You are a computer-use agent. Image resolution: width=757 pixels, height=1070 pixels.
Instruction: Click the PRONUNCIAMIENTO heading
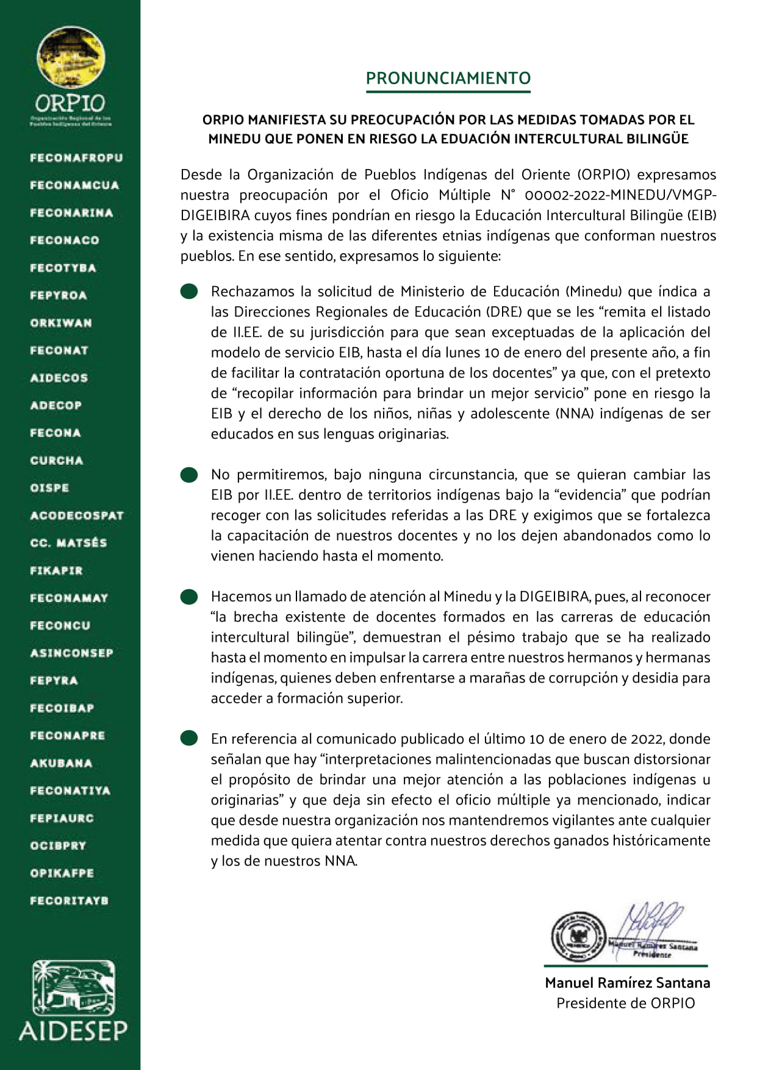pos(448,78)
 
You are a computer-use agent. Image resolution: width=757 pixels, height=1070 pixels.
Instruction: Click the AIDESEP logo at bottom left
pos(73,1001)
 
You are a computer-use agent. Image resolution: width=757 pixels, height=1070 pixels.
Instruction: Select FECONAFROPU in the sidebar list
pos(76,158)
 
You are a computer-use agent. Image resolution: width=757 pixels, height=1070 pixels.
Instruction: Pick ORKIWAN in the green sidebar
pos(61,323)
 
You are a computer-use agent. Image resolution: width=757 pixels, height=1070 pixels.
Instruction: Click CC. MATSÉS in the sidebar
pos(68,543)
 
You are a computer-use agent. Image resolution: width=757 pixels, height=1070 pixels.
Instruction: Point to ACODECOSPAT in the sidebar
pos(77,515)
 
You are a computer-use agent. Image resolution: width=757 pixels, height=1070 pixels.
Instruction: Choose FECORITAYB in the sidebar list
pos(69,900)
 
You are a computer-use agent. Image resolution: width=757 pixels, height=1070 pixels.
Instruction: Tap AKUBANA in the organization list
pos(61,763)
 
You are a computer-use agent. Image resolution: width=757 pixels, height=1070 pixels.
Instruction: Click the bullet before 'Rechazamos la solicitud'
pos(189,292)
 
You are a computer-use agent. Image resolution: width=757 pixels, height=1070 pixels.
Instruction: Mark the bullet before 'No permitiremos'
pos(189,475)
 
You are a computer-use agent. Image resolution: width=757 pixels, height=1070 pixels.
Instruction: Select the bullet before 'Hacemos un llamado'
pos(189,597)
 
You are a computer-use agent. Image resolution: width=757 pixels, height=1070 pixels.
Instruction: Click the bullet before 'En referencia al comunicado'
pos(189,739)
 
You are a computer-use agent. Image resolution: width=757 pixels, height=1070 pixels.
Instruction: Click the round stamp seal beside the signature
pos(578,937)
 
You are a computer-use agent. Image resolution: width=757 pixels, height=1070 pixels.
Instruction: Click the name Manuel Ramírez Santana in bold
pos(627,983)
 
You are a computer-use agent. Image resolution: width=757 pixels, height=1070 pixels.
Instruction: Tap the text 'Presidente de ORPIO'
pos(625,1004)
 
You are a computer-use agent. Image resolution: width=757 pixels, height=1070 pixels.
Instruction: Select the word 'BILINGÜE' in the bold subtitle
pos(658,139)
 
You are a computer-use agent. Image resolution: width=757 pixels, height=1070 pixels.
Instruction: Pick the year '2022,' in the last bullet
pos(645,739)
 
